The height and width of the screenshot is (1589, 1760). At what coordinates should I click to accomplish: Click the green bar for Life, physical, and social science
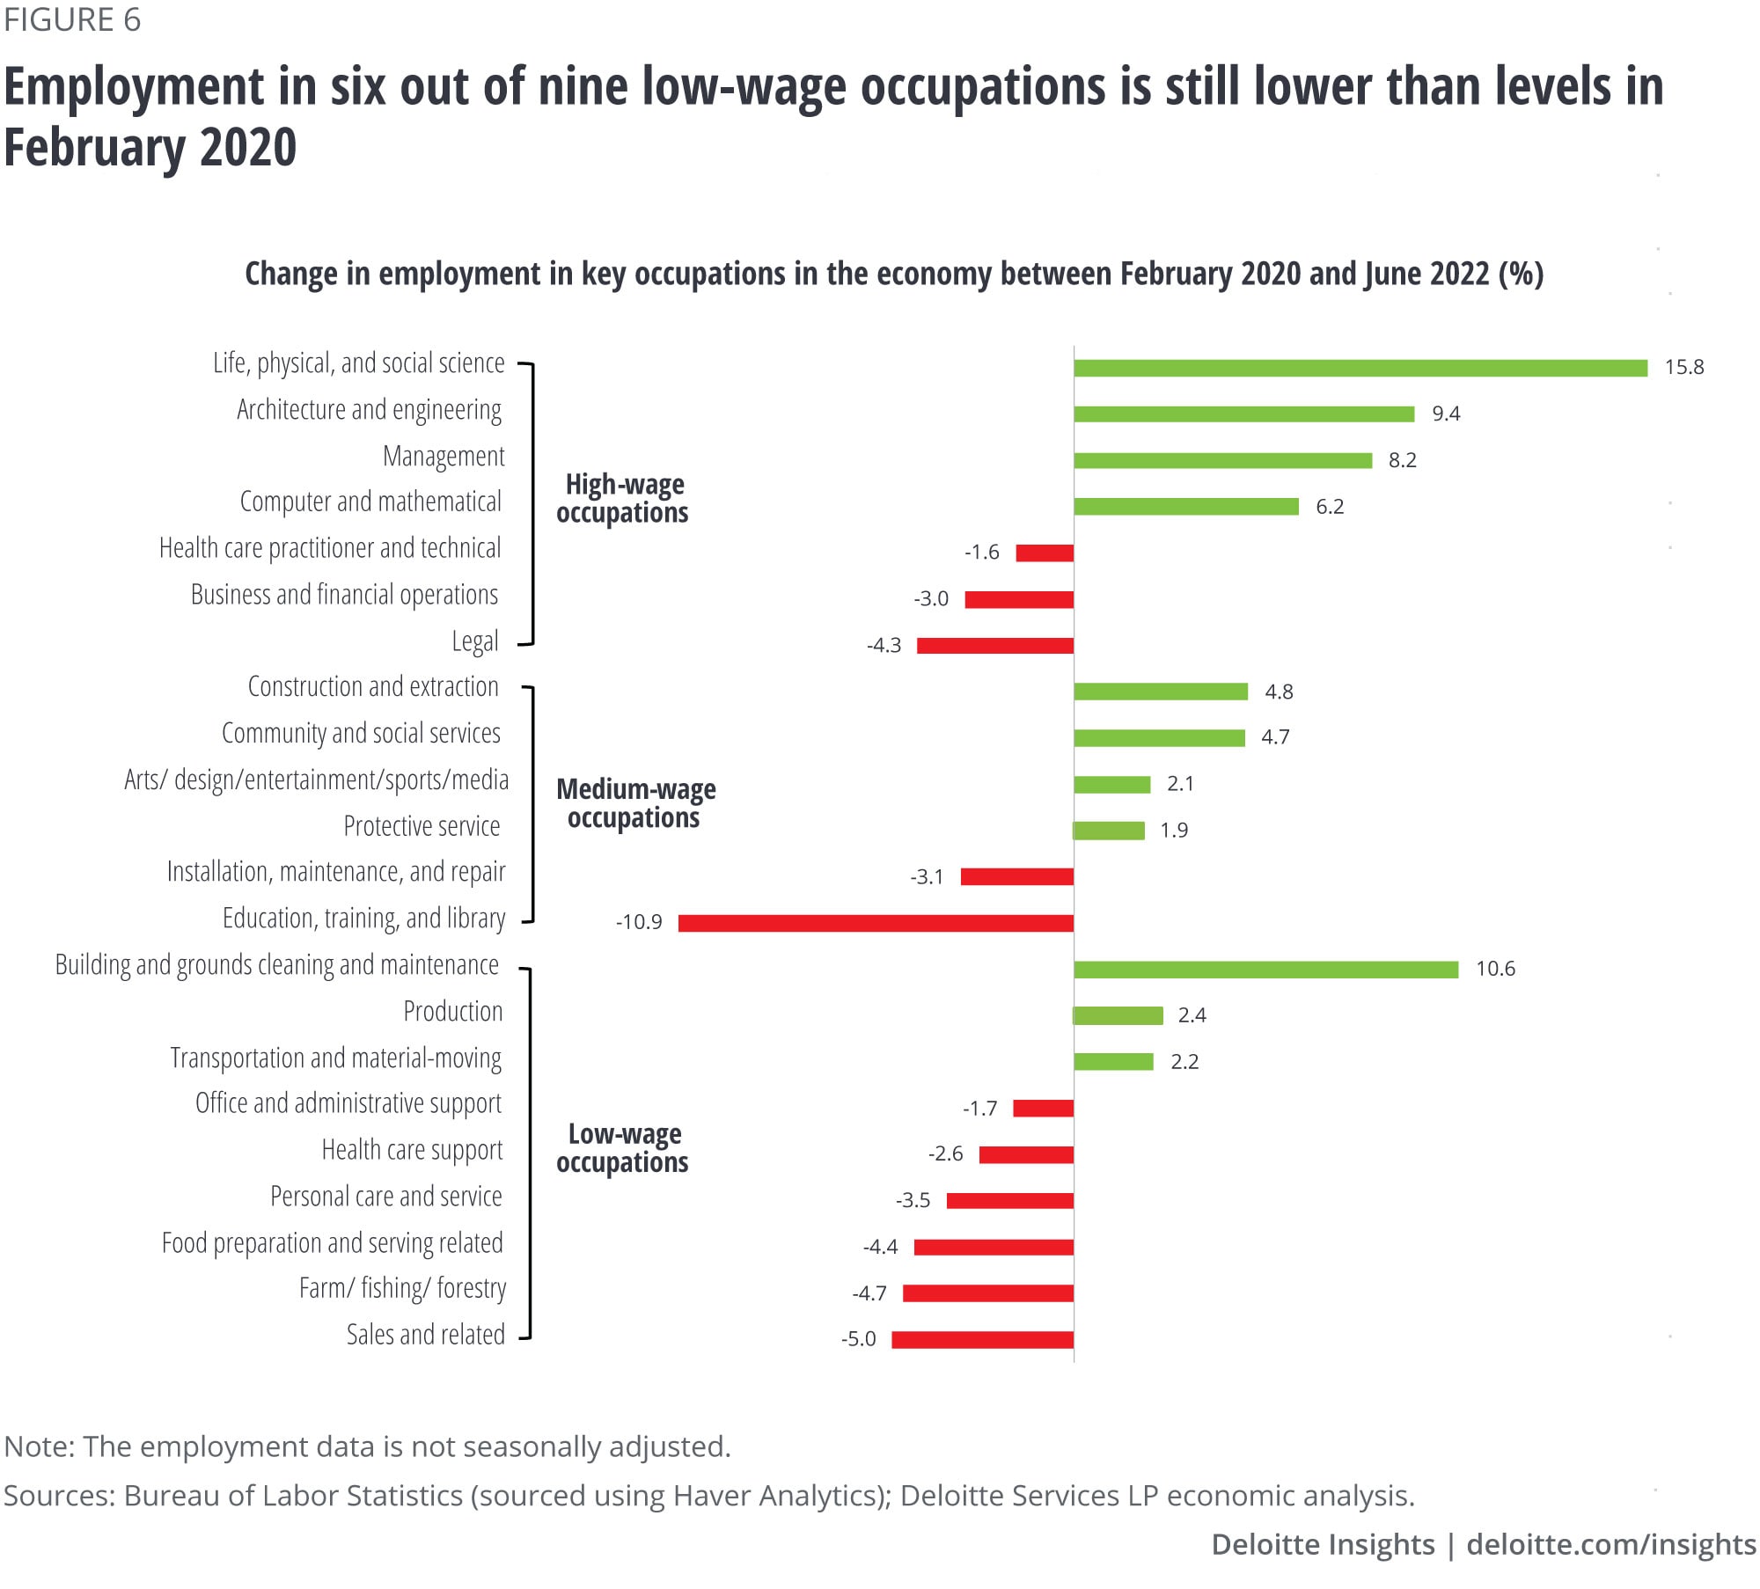1360,368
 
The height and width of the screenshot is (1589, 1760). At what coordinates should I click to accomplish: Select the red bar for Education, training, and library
876,923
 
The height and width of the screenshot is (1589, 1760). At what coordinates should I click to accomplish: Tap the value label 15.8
1683,367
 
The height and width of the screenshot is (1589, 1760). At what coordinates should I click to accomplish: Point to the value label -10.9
639,922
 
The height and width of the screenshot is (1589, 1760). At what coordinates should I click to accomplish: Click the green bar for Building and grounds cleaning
1265,970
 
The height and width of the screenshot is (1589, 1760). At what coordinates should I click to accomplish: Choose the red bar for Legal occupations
994,646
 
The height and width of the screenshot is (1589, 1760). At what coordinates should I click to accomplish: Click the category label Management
444,456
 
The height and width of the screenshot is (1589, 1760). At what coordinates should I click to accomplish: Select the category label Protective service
422,826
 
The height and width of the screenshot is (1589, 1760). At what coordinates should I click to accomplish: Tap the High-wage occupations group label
623,498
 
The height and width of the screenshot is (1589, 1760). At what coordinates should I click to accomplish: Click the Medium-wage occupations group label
635,803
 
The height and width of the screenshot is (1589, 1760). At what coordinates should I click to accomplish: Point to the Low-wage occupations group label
623,1148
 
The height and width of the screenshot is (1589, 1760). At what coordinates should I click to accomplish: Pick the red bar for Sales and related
982,1340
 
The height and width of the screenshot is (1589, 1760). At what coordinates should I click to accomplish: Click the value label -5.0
858,1339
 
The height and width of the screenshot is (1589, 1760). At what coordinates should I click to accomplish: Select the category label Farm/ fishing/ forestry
402,1288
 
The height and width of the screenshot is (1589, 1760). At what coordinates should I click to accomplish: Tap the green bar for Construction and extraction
1160,692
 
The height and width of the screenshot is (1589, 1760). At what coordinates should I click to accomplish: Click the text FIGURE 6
72,19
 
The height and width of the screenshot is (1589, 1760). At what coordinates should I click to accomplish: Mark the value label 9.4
1445,414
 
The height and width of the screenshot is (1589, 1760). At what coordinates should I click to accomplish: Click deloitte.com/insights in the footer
1610,1544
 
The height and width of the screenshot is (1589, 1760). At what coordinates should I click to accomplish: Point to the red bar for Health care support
1025,1154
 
